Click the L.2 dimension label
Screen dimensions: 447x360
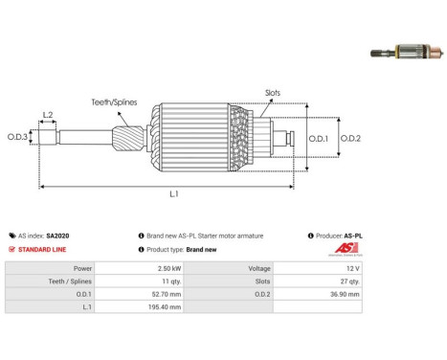point(48,115)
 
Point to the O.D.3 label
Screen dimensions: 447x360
point(17,137)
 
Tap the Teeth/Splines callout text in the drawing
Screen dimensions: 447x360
point(114,102)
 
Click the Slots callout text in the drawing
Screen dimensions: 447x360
point(273,93)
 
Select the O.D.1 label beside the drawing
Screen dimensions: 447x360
point(319,139)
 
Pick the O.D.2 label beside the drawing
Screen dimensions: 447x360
point(350,139)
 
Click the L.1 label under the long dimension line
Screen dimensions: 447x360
point(174,193)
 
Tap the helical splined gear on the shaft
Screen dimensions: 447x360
point(127,139)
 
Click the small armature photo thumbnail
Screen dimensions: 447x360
point(407,52)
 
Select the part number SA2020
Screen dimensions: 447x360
point(57,236)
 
